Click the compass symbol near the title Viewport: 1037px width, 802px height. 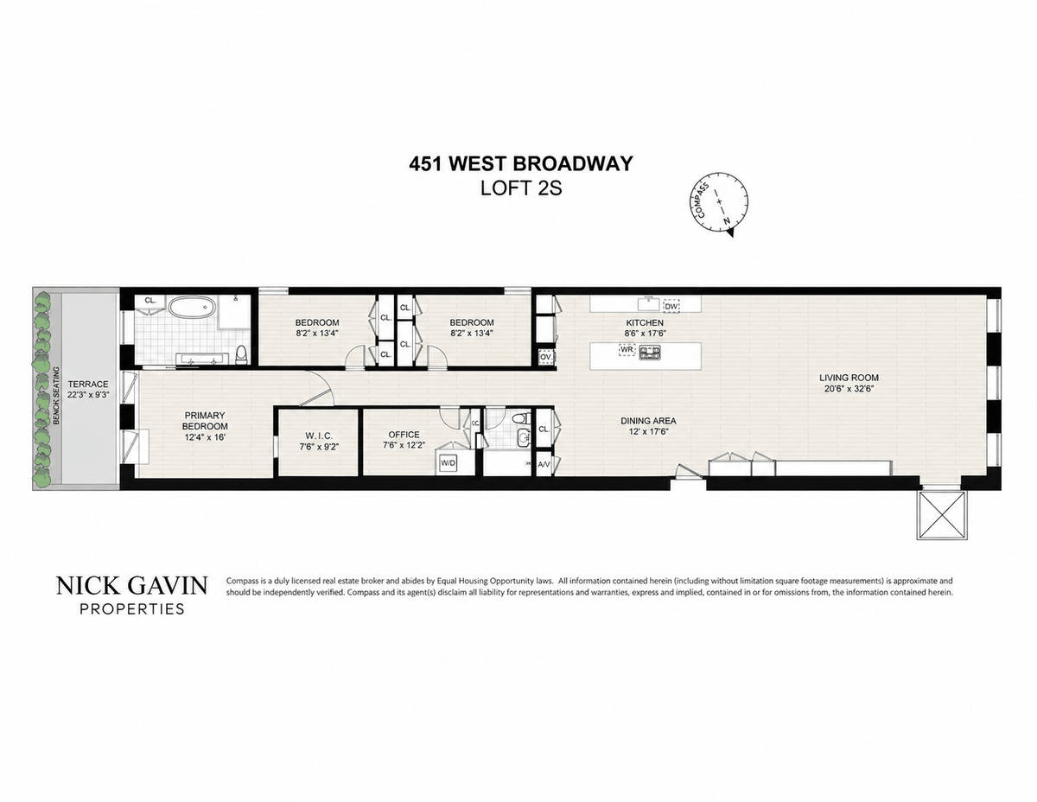(x=719, y=203)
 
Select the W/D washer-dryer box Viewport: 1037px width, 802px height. (x=448, y=462)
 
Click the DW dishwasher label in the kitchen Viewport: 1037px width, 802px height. (x=671, y=306)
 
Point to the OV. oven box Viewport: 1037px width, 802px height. (x=545, y=356)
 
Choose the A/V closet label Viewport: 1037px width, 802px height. (x=544, y=464)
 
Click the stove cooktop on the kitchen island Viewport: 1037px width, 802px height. (x=650, y=352)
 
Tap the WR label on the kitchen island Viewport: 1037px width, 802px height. (x=627, y=350)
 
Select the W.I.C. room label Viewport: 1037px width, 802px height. (x=319, y=435)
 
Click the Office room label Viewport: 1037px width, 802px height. (x=404, y=434)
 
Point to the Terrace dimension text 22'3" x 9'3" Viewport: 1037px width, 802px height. (x=88, y=395)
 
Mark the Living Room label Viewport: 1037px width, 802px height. (x=849, y=378)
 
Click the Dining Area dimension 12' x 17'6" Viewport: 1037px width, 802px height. (x=648, y=431)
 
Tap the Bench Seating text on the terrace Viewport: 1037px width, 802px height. (x=56, y=396)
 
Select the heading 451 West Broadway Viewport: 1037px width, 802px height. (x=520, y=163)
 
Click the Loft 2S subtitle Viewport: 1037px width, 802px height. (x=521, y=188)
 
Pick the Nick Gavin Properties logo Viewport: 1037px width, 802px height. (x=132, y=595)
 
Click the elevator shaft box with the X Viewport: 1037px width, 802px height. (x=942, y=515)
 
